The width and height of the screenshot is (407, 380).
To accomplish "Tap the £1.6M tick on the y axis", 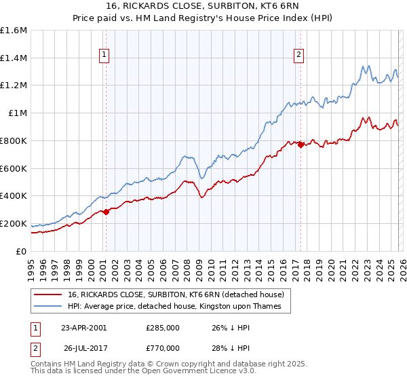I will coord(14,31).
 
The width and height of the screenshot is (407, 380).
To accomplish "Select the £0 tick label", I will coord(22,251).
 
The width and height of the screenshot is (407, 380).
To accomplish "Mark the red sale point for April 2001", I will coord(106,212).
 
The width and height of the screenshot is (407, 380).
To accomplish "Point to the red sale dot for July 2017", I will coord(301,144).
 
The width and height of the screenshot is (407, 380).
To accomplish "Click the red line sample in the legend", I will coord(47,294).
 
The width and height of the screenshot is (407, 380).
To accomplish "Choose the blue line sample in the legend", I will coord(47,306).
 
